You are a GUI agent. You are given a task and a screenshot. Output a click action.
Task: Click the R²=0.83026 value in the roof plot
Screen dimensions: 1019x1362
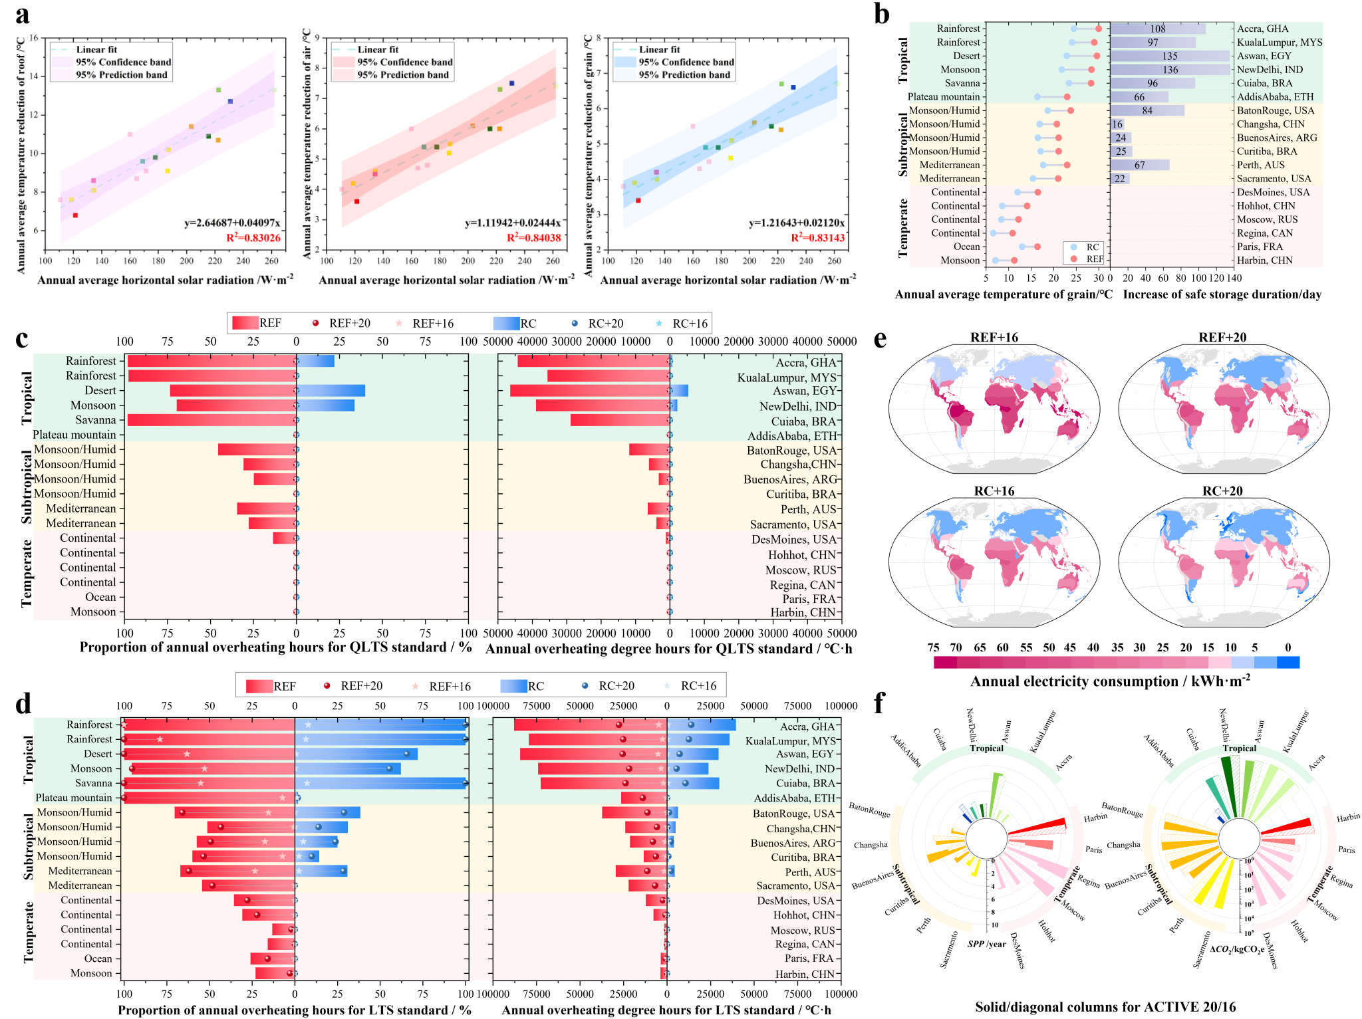tap(253, 238)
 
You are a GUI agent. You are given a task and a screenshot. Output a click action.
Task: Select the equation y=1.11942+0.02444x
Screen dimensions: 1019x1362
tap(512, 223)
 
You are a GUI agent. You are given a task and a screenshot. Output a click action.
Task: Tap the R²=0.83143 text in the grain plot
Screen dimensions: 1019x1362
tap(817, 238)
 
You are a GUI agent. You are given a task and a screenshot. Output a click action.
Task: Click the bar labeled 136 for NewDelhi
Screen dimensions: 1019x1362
tap(1170, 70)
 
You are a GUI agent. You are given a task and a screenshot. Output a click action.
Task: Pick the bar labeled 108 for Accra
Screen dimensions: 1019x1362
tap(1158, 29)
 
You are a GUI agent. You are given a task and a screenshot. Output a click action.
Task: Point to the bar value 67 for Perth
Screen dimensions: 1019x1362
tap(1139, 165)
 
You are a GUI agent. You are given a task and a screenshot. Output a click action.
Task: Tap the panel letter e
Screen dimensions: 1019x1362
tap(880, 339)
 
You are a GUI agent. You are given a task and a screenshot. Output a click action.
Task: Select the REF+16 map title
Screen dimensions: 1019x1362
tap(994, 338)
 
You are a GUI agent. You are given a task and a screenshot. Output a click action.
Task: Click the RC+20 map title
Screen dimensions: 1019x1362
tap(1222, 491)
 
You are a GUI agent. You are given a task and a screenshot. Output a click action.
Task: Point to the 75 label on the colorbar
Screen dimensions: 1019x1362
tap(933, 647)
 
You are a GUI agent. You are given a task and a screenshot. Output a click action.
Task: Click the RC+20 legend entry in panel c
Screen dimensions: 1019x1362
tap(605, 324)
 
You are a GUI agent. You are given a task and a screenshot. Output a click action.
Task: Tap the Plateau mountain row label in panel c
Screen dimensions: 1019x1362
tap(74, 435)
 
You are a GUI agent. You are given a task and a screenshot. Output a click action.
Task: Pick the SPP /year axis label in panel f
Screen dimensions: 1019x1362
tap(986, 944)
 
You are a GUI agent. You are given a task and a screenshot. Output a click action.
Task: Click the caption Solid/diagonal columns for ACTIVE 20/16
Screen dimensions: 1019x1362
tap(1105, 1007)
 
